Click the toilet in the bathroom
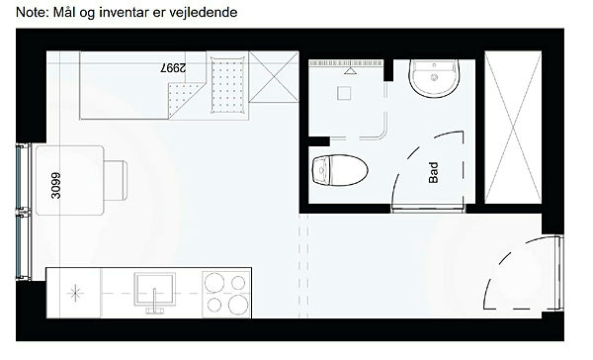pyautogui.click(x=340, y=170)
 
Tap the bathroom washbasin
pyautogui.click(x=434, y=78)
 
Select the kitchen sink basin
pyautogui.click(x=155, y=289)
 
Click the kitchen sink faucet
pyautogui.click(x=155, y=302)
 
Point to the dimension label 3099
pyautogui.click(x=55, y=186)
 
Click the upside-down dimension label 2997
pyautogui.click(x=173, y=68)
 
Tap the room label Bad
pyautogui.click(x=434, y=173)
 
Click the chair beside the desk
pyautogui.click(x=116, y=181)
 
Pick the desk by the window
pyautogui.click(x=69, y=181)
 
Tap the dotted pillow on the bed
pyautogui.click(x=227, y=85)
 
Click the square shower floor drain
pyautogui.click(x=344, y=93)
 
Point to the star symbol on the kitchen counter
pyautogui.click(x=75, y=293)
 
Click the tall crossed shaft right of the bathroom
pyautogui.click(x=513, y=128)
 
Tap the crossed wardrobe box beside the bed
pyautogui.click(x=274, y=77)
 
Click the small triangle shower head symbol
pyautogui.click(x=349, y=71)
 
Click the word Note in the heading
pyautogui.click(x=32, y=12)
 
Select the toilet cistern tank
pyautogui.click(x=321, y=171)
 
